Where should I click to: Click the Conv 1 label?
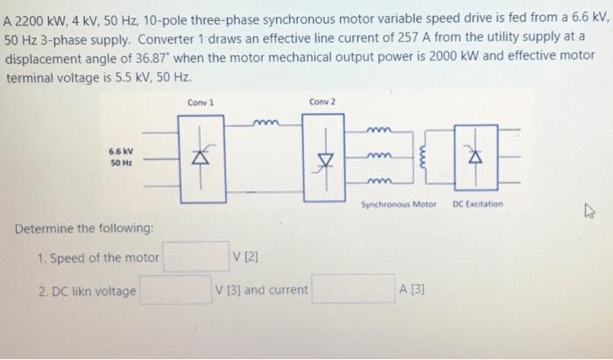click(201, 102)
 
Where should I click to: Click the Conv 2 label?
click(321, 102)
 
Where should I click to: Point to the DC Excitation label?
click(478, 205)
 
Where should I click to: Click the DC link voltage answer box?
click(174, 289)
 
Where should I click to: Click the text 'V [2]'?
click(245, 257)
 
